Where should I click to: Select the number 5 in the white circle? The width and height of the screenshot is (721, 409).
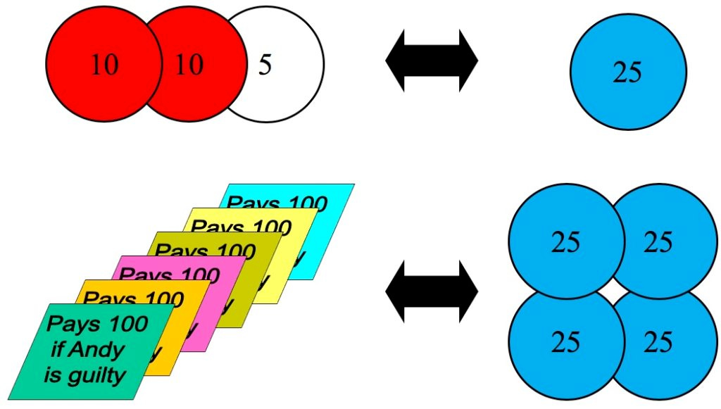(264, 65)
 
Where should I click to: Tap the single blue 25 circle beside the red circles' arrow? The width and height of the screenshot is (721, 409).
(627, 72)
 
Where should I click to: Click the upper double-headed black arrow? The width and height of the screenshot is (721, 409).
(432, 61)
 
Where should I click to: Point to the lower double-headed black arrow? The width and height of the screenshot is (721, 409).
(432, 290)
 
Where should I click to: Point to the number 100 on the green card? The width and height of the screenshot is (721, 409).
(126, 324)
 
